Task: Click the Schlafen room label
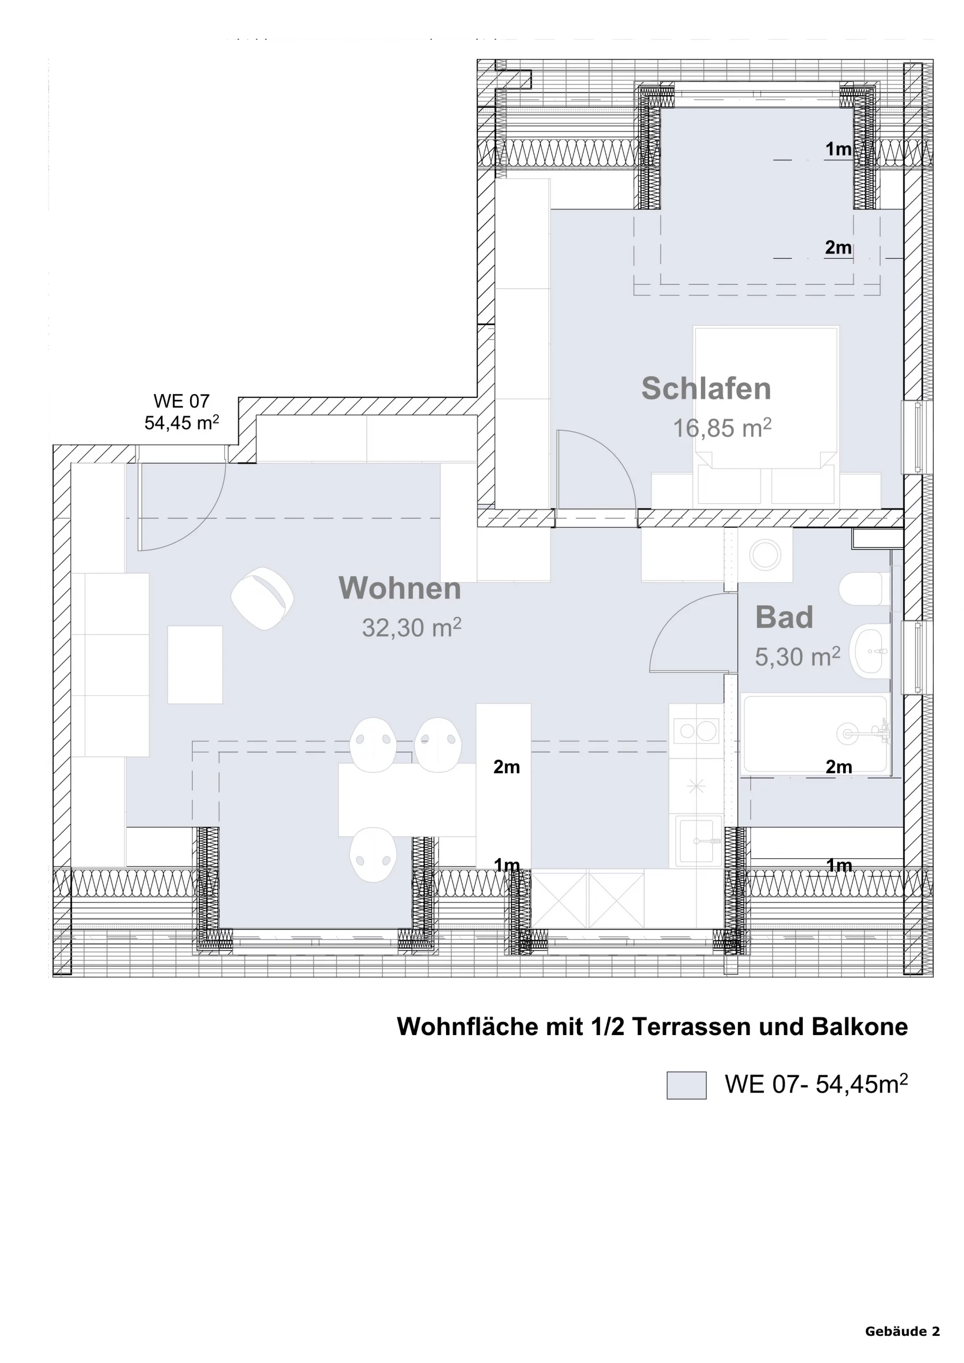pos(706,388)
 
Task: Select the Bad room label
pos(784,618)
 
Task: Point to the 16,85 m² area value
pos(722,428)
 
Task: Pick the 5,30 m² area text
pos(797,656)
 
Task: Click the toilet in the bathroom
pos(865,589)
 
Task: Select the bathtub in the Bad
pos(815,734)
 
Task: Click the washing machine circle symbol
pos(765,555)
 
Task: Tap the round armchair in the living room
pos(262,598)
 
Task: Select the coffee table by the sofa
pos(195,664)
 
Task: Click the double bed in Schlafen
pos(766,397)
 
